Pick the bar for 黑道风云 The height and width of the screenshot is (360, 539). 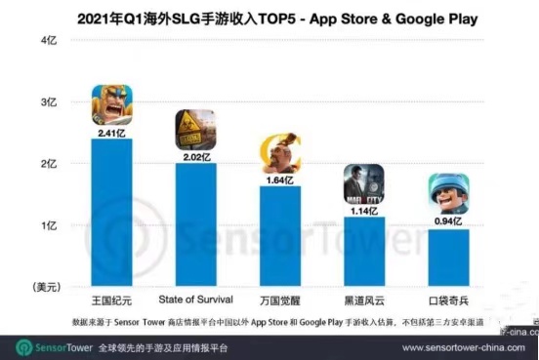pos(363,253)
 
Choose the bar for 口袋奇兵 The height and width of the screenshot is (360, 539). pos(447,259)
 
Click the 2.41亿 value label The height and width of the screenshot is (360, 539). pos(111,129)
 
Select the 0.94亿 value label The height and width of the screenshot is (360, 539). pos(447,220)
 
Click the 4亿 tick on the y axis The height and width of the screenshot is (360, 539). pos(48,40)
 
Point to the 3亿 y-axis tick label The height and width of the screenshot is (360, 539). pos(48,102)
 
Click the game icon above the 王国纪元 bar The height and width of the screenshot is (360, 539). pos(111,104)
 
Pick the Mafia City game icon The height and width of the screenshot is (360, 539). pos(363,183)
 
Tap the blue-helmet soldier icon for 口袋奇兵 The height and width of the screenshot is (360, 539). pos(447,194)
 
